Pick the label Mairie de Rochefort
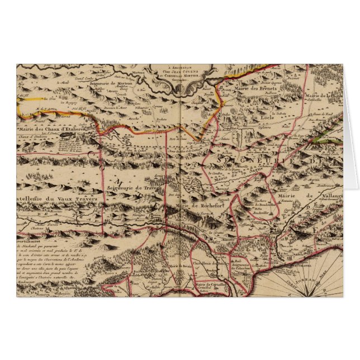[x=195, y=206]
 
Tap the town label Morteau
[x=138, y=73]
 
